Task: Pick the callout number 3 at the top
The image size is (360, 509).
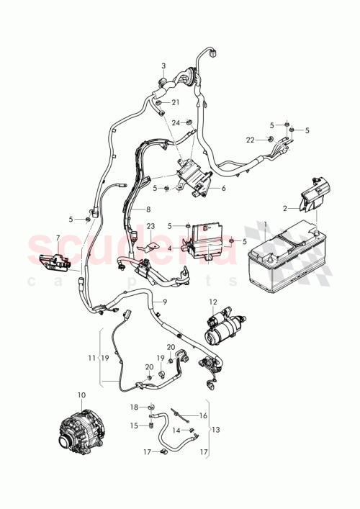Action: pyautogui.click(x=163, y=66)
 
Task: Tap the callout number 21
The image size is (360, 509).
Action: pyautogui.click(x=175, y=103)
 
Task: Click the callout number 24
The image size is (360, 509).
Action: pyautogui.click(x=175, y=122)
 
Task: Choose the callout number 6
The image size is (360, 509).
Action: pyautogui.click(x=224, y=189)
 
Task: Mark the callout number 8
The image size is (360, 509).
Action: pyautogui.click(x=148, y=210)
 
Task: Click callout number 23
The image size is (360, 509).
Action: pyautogui.click(x=150, y=225)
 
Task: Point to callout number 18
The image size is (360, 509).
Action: pyautogui.click(x=134, y=407)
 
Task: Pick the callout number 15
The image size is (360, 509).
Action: pyautogui.click(x=134, y=425)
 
